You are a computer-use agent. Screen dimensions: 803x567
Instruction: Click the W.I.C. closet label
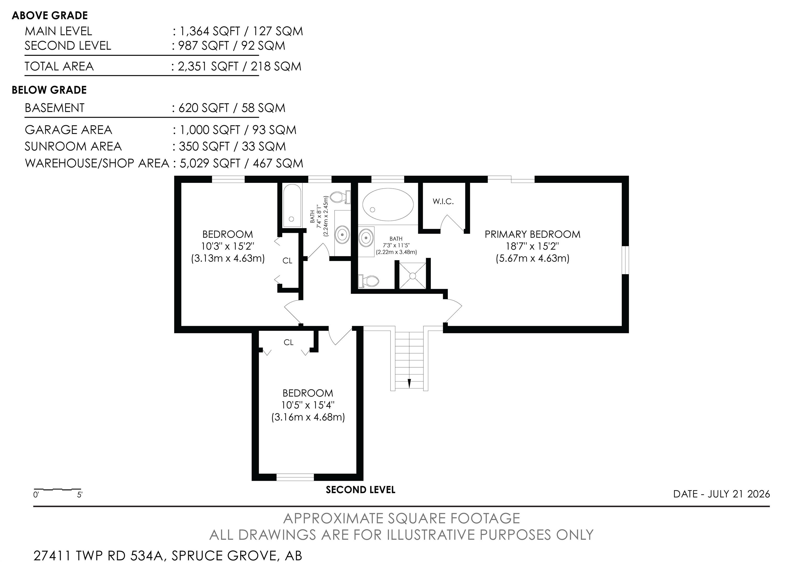click(x=443, y=201)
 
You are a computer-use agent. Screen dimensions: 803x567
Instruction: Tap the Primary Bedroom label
click(x=532, y=234)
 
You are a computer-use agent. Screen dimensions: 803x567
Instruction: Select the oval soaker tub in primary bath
click(x=388, y=205)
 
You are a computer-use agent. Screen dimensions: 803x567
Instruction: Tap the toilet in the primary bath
click(x=369, y=281)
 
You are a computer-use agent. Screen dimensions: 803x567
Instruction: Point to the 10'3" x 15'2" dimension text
click(x=228, y=246)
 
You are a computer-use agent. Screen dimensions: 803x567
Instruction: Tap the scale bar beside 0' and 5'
click(x=57, y=489)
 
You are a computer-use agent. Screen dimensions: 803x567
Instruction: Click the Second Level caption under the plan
click(x=360, y=490)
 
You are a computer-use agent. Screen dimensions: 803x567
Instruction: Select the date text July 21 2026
click(x=739, y=494)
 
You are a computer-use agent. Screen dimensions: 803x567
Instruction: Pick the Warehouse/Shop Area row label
click(x=97, y=163)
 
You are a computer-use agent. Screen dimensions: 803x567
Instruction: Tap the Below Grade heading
click(x=49, y=90)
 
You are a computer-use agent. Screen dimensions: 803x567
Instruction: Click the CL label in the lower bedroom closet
click(x=289, y=342)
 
